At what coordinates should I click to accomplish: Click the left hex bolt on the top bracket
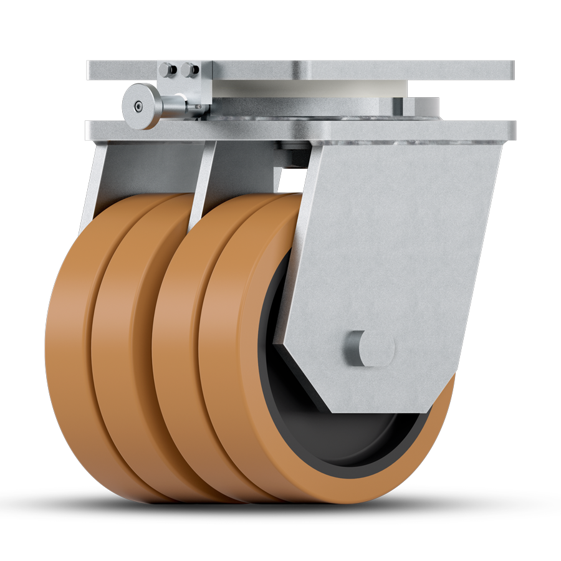pyautogui.click(x=166, y=69)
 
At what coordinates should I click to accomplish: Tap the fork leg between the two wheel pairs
pyautogui.click(x=203, y=181)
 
